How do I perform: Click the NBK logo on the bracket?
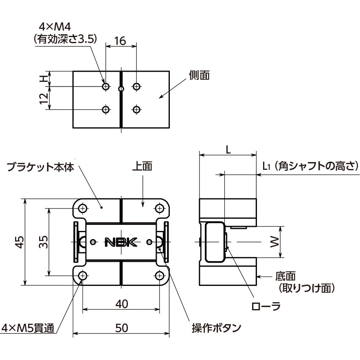tap(122, 242)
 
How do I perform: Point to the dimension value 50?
tap(121, 328)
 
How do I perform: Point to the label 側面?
tap(199, 75)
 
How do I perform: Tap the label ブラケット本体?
tap(40, 167)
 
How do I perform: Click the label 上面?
tap(142, 166)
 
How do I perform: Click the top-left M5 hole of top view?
tap(83, 209)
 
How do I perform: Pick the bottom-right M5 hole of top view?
tap(159, 276)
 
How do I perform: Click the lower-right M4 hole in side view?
tap(136, 109)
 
